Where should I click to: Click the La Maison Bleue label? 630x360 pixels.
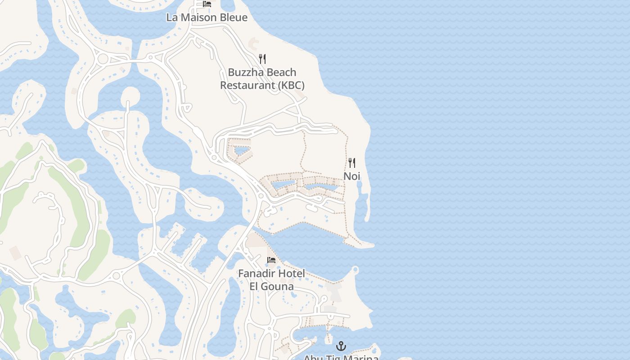pyautogui.click(x=207, y=18)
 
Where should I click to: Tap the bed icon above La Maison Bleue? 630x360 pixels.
pyautogui.click(x=207, y=4)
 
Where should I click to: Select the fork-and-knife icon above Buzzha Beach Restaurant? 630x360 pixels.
pyautogui.click(x=262, y=58)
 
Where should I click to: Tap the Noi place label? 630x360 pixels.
pyautogui.click(x=352, y=176)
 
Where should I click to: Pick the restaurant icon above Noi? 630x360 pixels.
pyautogui.click(x=352, y=162)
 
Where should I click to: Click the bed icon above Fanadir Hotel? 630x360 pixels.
pyautogui.click(x=271, y=260)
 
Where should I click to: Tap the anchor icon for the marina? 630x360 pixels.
pyautogui.click(x=341, y=346)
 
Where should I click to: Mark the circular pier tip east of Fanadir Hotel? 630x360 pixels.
pyautogui.click(x=355, y=270)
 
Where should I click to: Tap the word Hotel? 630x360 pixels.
pyautogui.click(x=291, y=273)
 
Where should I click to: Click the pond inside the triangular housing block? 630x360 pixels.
pyautogui.click(x=241, y=150)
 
